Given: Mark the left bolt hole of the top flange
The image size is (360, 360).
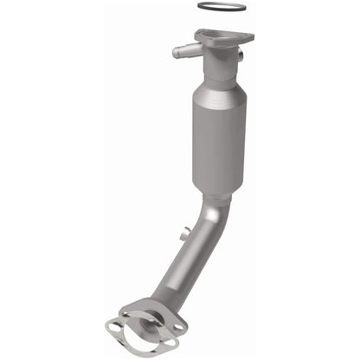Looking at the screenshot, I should [x=201, y=35].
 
